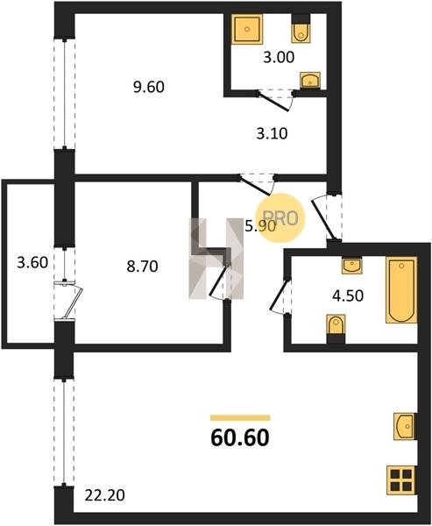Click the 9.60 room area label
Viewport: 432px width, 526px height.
point(149,87)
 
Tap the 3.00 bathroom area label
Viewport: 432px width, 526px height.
point(279,57)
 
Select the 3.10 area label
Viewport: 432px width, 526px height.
point(272,134)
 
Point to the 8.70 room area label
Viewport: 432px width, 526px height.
point(142,267)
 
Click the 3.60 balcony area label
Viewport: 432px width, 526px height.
point(32,262)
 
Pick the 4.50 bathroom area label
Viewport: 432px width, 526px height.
point(348,296)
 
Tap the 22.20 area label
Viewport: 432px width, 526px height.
point(104,495)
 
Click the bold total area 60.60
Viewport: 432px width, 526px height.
point(240,438)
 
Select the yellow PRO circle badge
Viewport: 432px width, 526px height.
point(280,218)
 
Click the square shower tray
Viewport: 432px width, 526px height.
point(247,29)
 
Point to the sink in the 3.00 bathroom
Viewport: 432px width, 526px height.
point(310,81)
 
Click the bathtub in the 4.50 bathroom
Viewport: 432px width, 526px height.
point(401,290)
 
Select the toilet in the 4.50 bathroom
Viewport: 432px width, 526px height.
point(336,329)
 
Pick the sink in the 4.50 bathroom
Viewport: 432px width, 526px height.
point(352,266)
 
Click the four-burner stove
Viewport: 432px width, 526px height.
point(401,480)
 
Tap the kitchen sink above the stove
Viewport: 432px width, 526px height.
point(405,426)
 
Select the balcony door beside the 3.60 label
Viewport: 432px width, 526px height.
point(68,300)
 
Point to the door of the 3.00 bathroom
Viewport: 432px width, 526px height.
point(276,100)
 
